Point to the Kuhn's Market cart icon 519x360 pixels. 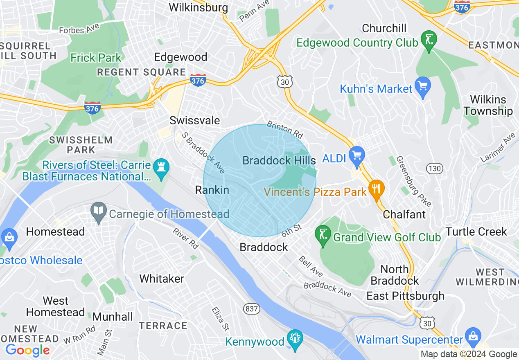click(x=423, y=86)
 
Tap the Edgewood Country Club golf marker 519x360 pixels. click(x=429, y=40)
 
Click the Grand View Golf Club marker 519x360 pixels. click(x=323, y=235)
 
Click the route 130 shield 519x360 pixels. click(x=434, y=168)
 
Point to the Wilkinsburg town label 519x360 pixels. click(x=198, y=7)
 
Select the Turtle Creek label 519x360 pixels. click(x=476, y=232)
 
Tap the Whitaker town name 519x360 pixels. click(x=162, y=279)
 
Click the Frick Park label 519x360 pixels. click(x=96, y=58)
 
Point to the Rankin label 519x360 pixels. click(x=212, y=190)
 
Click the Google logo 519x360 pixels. click(x=27, y=350)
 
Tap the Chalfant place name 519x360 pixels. click(x=404, y=214)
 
